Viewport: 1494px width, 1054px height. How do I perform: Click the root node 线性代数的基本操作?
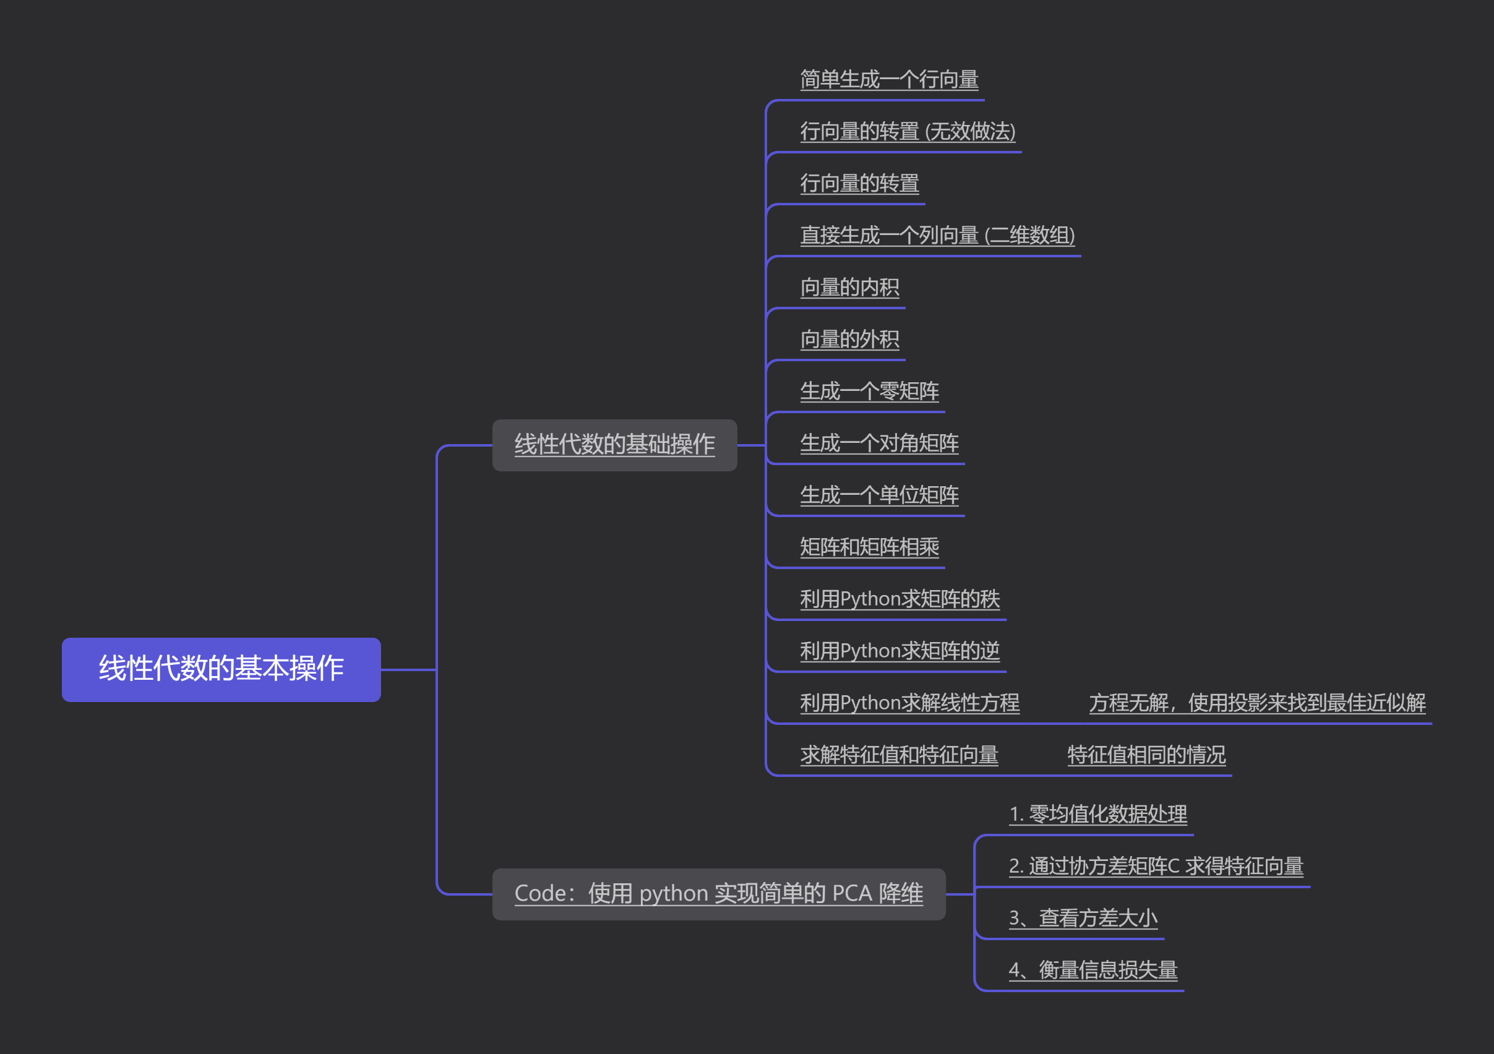tap(221, 669)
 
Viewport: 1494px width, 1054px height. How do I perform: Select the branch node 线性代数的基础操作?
tap(614, 445)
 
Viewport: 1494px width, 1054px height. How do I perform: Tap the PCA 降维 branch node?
tap(718, 894)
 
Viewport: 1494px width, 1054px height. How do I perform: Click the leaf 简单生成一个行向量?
tap(889, 80)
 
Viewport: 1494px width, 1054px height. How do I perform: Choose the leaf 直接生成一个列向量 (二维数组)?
tap(937, 236)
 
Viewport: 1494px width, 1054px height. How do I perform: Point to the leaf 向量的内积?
tap(849, 288)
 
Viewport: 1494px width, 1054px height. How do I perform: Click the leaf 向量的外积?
tap(849, 340)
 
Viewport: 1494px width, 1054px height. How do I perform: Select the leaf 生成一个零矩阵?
tap(869, 392)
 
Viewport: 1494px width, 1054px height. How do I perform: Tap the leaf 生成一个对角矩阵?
tap(879, 443)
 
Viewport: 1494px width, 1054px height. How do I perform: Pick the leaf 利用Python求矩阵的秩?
tap(899, 599)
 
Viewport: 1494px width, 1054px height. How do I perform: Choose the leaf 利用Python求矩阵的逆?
tap(899, 651)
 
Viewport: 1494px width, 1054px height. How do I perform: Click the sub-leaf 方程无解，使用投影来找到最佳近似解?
tap(1257, 703)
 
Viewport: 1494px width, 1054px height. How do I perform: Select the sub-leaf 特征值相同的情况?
tap(1146, 755)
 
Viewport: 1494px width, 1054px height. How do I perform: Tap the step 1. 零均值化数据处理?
tap(1097, 815)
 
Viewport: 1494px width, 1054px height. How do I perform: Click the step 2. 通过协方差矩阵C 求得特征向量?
tap(1156, 867)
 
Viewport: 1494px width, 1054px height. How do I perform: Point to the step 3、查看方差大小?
tap(1083, 919)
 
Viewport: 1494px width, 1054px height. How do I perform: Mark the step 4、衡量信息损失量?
tap(1093, 970)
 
